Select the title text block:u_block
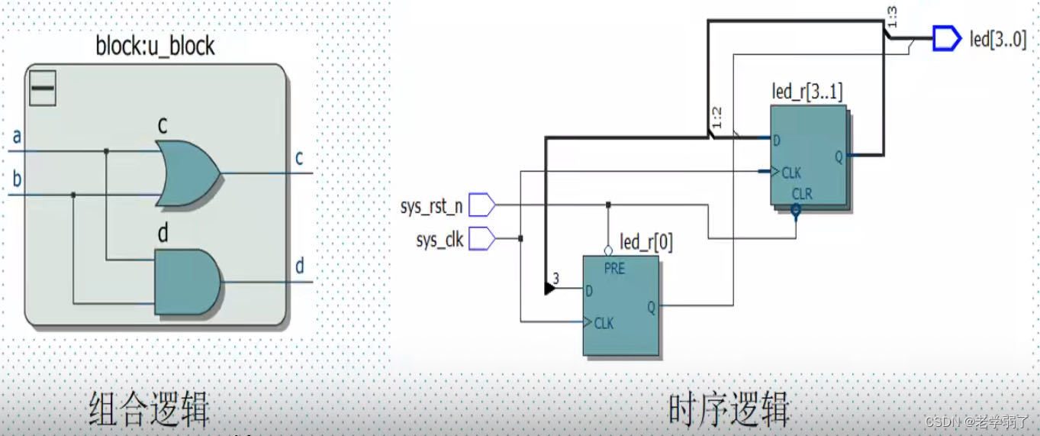[155, 47]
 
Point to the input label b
[17, 181]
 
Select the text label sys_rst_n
[431, 207]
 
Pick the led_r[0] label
[646, 243]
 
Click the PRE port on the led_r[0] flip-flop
[614, 269]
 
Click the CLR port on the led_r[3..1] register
[802, 195]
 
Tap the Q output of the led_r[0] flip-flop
[651, 307]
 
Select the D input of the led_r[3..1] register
[777, 140]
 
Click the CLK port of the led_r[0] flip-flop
[604, 323]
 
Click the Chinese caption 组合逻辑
[149, 410]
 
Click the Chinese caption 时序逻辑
[729, 410]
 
